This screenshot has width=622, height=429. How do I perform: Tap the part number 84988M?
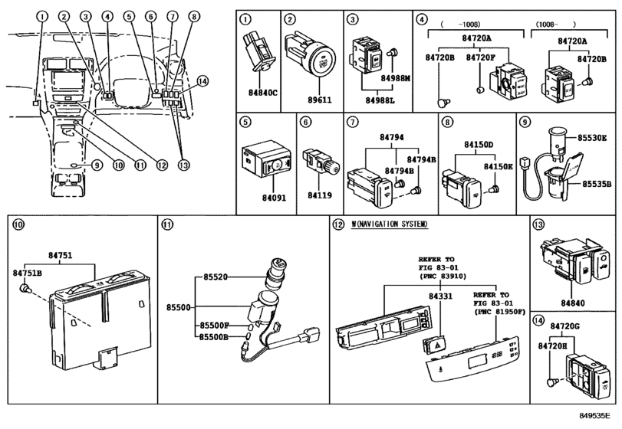[398, 77]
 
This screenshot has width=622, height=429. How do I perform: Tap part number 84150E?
[499, 165]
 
